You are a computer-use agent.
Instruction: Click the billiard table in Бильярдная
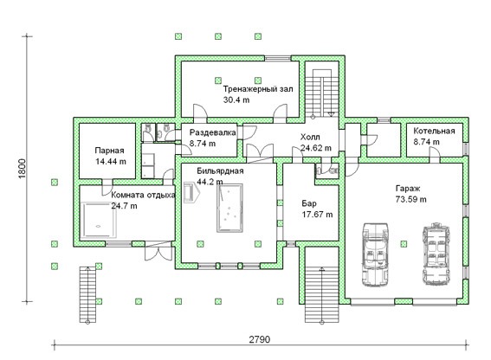pos(229,208)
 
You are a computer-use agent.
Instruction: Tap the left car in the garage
pos(375,254)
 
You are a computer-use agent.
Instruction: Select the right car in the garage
pos(436,254)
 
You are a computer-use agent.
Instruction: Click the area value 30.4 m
pos(236,100)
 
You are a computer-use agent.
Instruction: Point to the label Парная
pos(109,151)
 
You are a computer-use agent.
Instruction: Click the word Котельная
pos(434,131)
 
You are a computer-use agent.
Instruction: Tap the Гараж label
pos(408,189)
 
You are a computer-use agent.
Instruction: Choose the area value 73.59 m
pos(410,199)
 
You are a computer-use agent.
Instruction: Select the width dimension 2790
pos(260,339)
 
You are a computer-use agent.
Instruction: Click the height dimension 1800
pos(22,169)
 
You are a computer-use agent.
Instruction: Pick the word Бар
pos(309,203)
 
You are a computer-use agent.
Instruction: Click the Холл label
pos(310,137)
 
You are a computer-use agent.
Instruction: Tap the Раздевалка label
pos(213,132)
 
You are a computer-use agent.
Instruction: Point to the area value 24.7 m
pos(124,206)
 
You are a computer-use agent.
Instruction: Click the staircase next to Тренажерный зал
pos(322,93)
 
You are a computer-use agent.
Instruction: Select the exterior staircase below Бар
pos(322,294)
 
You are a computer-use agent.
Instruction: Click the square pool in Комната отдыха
pos(99,220)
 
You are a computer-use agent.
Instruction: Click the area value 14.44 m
pos(111,162)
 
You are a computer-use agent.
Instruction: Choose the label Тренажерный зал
pos(258,89)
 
